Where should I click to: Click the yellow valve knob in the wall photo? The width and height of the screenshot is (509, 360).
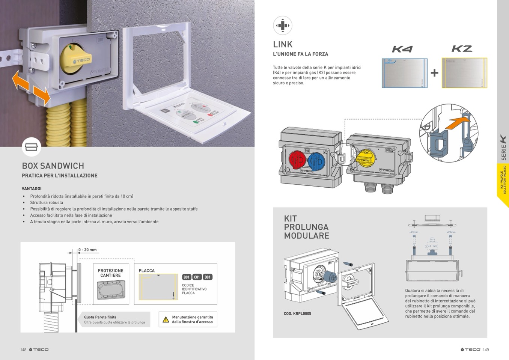[75, 60]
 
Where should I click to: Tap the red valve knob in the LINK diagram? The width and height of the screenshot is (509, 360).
[297, 160]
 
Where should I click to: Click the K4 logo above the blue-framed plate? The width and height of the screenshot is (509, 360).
[402, 49]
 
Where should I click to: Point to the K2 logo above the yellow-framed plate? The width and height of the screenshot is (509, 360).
[462, 49]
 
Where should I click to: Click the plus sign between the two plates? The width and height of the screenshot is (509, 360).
[434, 73]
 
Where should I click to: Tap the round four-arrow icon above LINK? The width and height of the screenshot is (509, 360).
[282, 26]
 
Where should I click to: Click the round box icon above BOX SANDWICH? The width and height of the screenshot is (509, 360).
[32, 147]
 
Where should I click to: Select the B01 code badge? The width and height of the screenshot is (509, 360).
[187, 277]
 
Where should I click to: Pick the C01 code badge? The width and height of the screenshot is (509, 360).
[197, 277]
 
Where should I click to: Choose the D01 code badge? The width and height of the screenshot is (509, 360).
[208, 277]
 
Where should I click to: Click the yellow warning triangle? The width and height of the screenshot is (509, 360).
[166, 320]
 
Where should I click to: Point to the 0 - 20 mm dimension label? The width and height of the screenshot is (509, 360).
[87, 250]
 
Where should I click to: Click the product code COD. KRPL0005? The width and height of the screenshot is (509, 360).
[297, 313]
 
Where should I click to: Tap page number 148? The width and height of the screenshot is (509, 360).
[23, 349]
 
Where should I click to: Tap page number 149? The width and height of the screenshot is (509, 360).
[486, 349]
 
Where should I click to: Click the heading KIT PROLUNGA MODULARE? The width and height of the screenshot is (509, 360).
[306, 227]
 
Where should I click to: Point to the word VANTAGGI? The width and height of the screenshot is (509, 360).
[32, 188]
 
